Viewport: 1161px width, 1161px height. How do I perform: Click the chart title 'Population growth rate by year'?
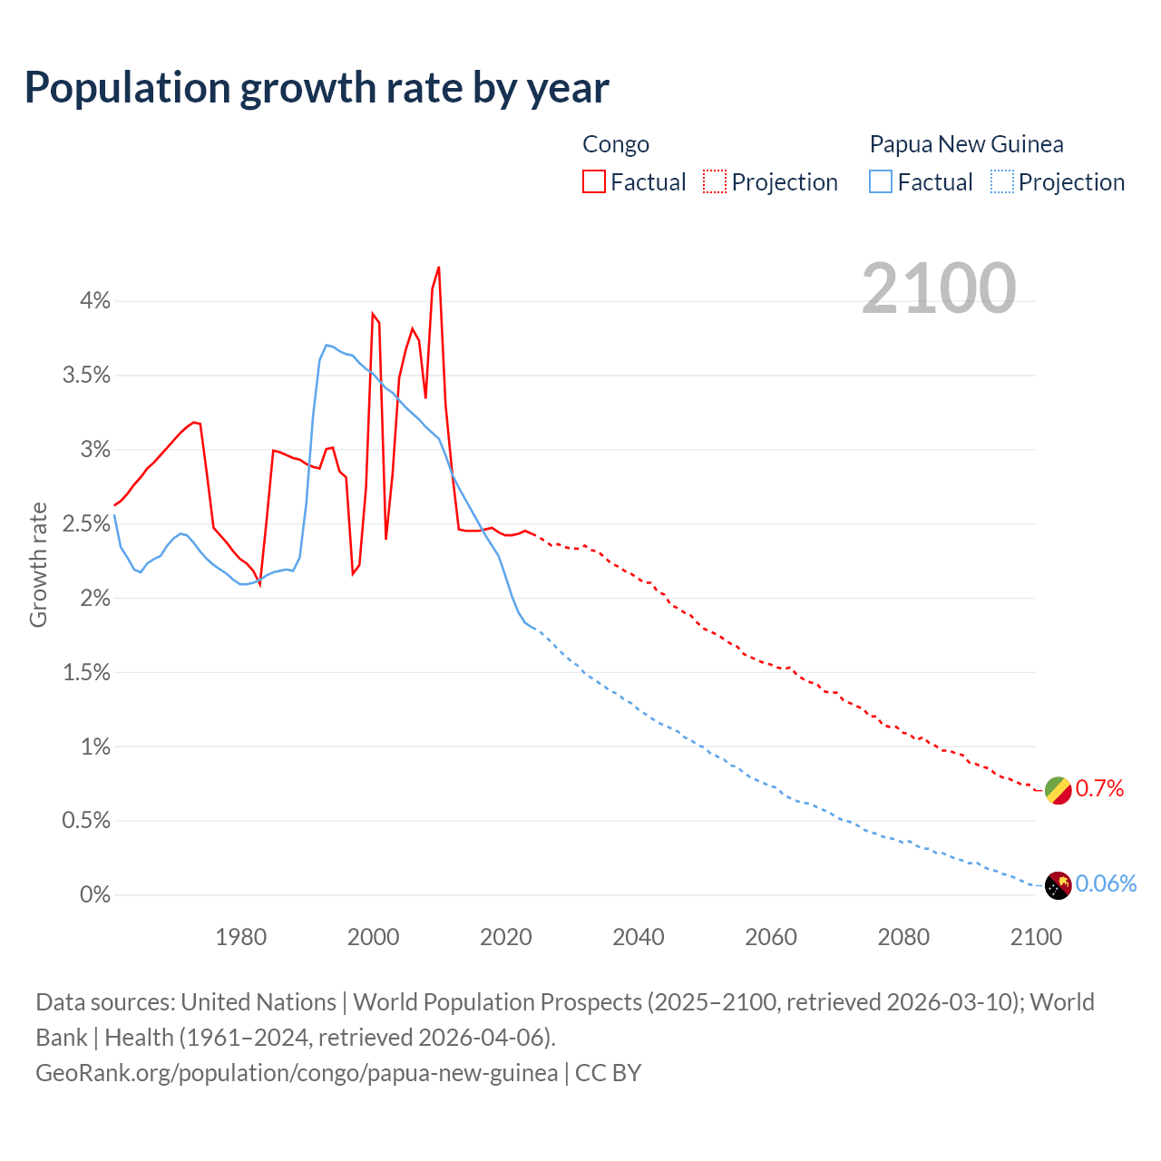317,88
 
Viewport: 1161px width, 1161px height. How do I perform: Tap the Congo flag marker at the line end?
1058,790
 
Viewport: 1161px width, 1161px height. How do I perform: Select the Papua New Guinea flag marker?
1058,885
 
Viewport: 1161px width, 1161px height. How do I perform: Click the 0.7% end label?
1099,789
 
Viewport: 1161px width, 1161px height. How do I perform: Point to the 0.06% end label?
1106,884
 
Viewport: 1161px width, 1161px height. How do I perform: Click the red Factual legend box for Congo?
594,182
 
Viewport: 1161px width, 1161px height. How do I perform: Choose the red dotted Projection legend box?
715,182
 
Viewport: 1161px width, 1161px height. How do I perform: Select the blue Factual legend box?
881,182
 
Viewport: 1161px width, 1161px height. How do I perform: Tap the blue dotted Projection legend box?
1001,182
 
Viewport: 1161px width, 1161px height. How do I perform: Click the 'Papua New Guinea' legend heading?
966,144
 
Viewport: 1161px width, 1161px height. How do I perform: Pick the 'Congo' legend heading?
616,144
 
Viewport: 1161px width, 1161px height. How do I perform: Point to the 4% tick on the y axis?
94,301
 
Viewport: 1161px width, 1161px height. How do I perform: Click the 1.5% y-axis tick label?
86,673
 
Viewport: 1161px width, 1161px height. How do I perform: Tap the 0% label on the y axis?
94,895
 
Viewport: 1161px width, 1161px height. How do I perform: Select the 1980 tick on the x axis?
241,937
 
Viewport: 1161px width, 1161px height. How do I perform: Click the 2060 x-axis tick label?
771,937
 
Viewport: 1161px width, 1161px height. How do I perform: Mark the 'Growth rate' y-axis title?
38,564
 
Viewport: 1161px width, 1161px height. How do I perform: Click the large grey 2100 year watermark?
939,288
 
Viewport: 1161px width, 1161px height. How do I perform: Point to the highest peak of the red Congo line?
439,268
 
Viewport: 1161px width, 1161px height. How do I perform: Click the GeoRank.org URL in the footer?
297,1073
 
